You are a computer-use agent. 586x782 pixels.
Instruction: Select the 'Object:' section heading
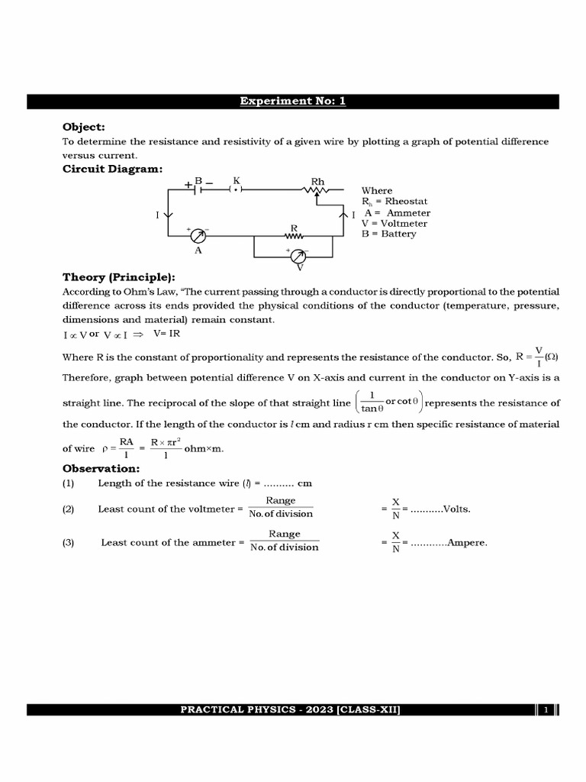tap(83, 127)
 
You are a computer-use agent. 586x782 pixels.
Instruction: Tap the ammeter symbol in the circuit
tap(198, 234)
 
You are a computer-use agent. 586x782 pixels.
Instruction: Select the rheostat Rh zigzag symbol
tap(317, 190)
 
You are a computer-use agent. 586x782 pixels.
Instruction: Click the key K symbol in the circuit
tap(236, 189)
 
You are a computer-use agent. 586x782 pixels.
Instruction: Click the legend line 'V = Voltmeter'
tap(394, 223)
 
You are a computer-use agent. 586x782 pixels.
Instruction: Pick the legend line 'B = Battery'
tap(389, 234)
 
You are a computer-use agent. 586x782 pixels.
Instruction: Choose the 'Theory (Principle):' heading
tap(118, 277)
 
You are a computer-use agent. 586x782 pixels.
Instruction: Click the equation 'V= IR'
tap(166, 334)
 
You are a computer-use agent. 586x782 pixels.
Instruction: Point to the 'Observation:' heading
tap(101, 467)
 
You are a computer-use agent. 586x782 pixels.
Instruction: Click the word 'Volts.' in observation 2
tap(457, 508)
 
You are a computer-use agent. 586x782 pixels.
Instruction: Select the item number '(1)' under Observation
tap(68, 483)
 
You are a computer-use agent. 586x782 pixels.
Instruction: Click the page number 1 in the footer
tap(546, 709)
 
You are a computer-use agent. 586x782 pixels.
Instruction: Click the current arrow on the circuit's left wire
tap(169, 215)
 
